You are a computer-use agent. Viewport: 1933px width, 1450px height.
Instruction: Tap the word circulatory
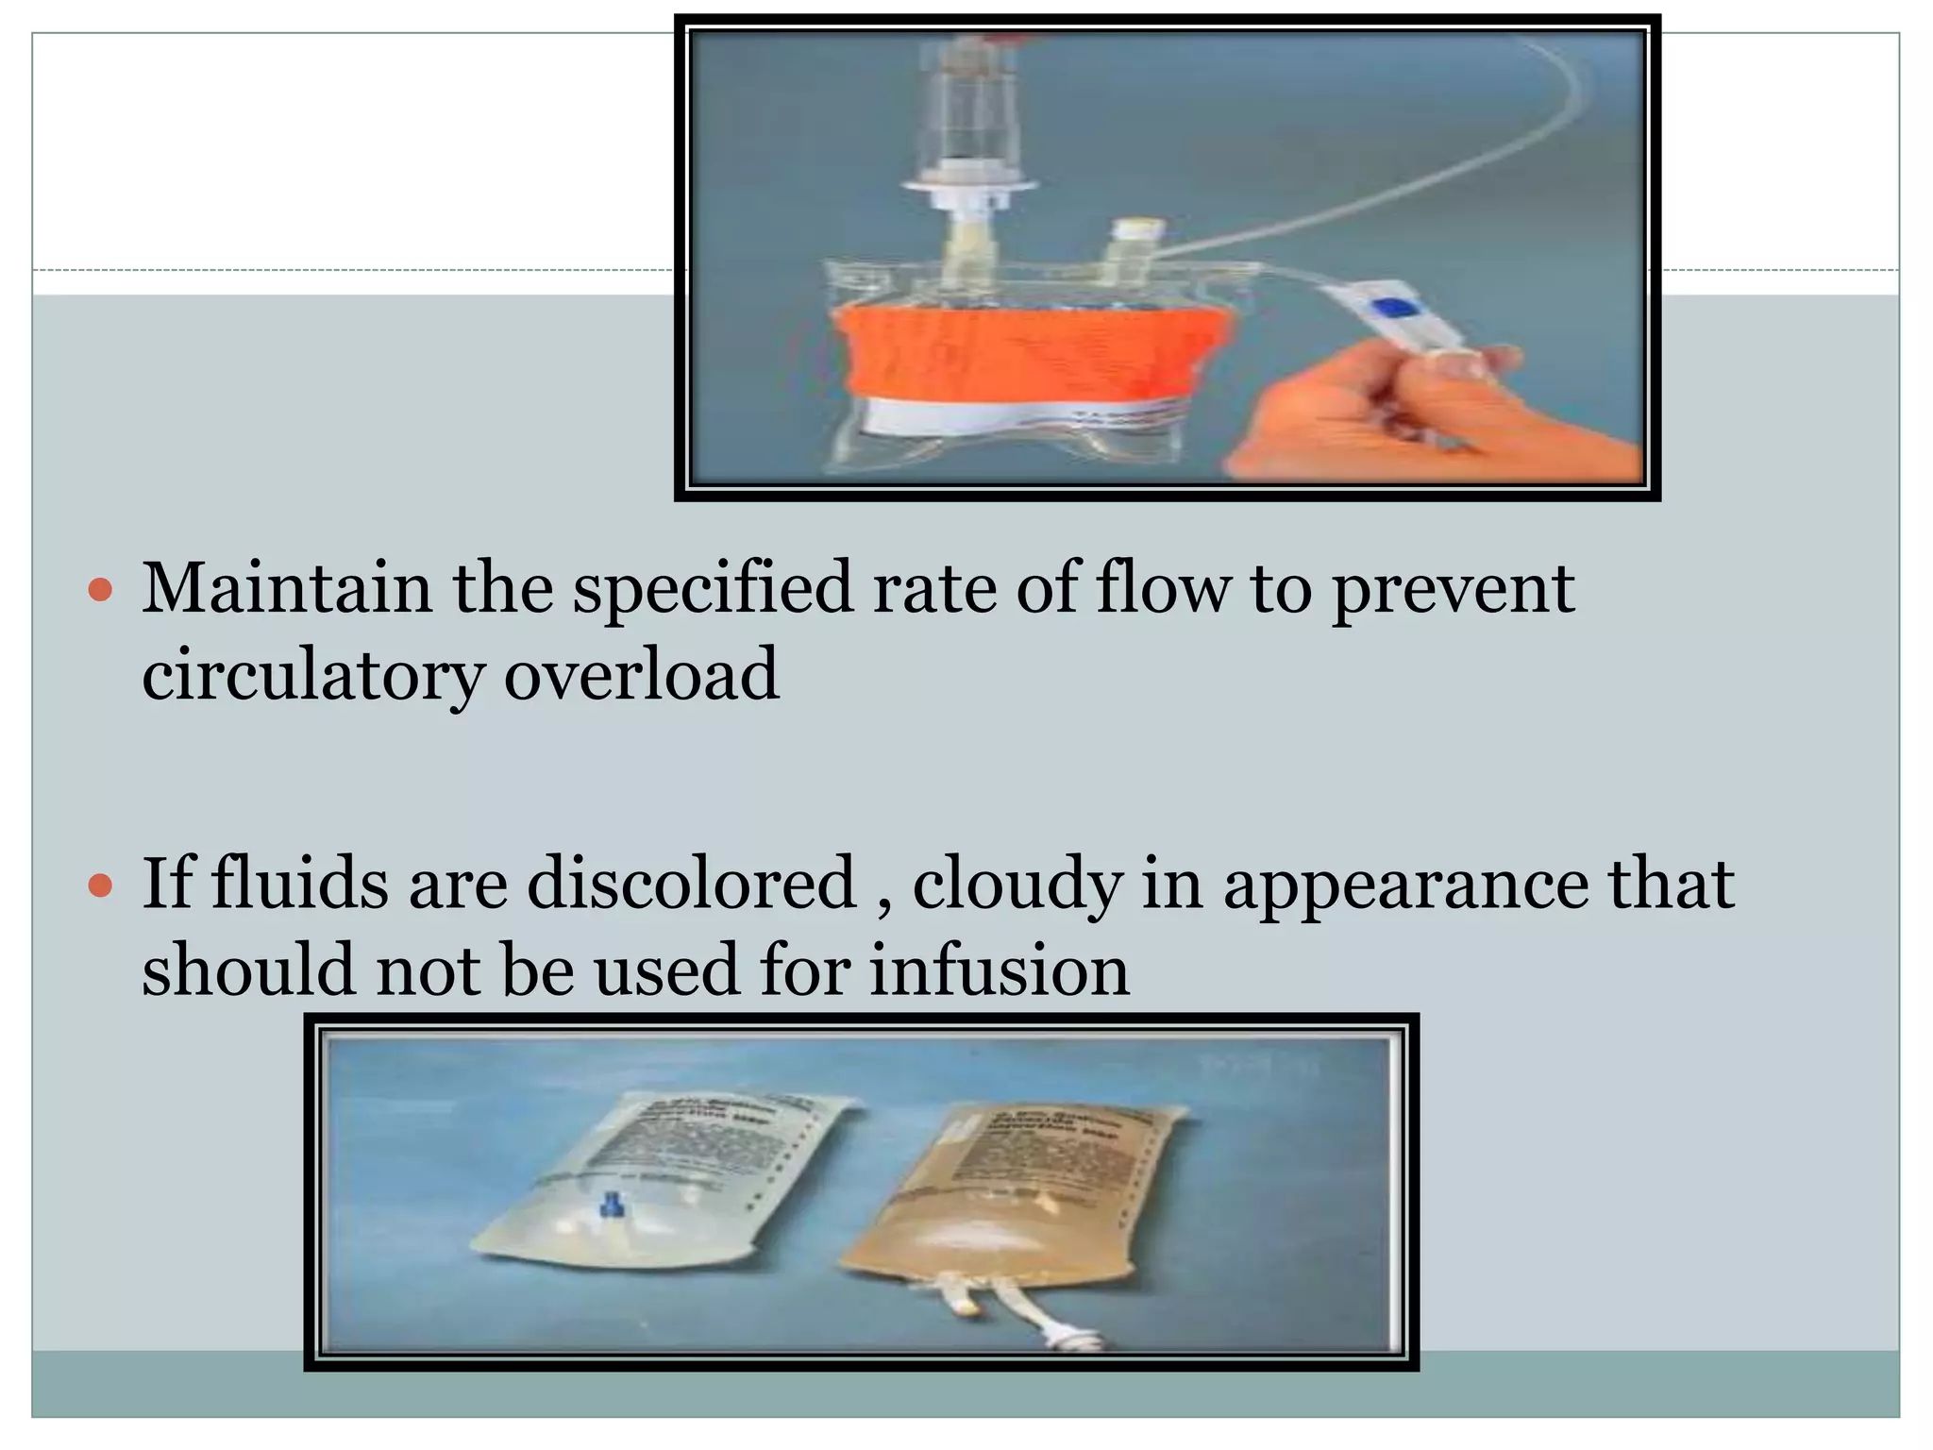tap(312, 676)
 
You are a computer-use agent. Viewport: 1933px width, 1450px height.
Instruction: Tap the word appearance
tap(1406, 885)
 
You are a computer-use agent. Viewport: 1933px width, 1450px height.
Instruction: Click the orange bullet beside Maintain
tap(99, 592)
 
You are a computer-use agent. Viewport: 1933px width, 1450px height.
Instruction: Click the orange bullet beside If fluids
tap(99, 886)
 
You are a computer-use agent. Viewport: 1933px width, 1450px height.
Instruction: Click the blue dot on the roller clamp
tap(1395, 309)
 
